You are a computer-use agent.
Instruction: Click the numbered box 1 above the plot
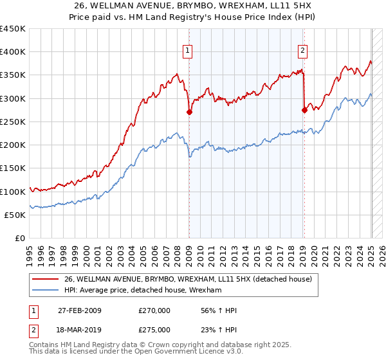coord(188,51)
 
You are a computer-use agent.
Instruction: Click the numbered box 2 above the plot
coord(302,51)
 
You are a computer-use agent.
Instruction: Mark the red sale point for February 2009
coord(189,112)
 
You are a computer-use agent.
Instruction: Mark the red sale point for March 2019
coord(304,110)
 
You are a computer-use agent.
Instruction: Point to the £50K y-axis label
coord(15,215)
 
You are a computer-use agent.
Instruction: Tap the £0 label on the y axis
coord(20,238)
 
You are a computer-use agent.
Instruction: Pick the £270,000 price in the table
coord(154,310)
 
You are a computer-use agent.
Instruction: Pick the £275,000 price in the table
coord(154,330)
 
